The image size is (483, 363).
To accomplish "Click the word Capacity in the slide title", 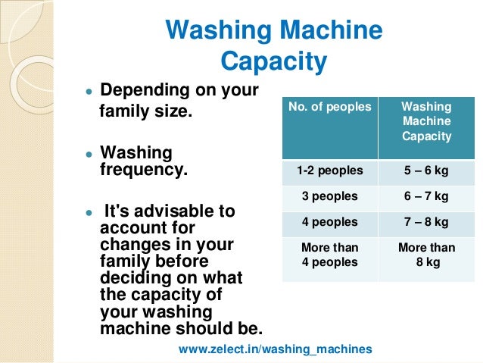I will pos(273,61).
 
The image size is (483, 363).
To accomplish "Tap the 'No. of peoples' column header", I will pos(330,107).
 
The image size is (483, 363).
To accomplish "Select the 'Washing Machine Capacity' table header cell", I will pos(426,121).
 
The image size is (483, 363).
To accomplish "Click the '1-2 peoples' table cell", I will pos(330,171).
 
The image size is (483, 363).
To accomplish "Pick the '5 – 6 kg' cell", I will pos(426,171).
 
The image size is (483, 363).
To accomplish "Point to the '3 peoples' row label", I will pos(330,196).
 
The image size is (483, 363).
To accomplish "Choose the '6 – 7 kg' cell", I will pos(426,196).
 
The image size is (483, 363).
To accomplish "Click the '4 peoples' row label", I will pos(330,222).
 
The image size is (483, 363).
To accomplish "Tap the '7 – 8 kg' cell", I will pos(426,222).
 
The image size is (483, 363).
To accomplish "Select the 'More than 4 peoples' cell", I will pos(330,254).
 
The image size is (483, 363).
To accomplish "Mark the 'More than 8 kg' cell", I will pos(426,254).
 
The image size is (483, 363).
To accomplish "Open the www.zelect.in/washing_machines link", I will pos(276,349).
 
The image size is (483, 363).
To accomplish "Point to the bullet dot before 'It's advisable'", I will pos(89,212).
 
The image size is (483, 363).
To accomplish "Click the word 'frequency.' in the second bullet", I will pos(143,168).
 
